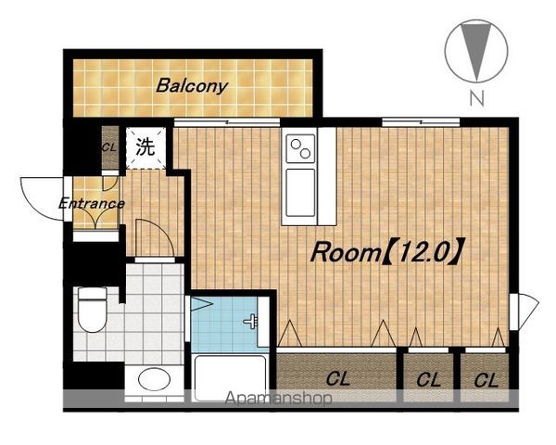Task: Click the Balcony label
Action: coord(192,86)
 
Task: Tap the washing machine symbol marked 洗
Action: coord(145,147)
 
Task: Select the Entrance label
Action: coord(92,204)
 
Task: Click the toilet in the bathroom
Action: coord(92,310)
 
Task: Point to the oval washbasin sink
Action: coord(154,379)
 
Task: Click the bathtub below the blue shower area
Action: coord(229,377)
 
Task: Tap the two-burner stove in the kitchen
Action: coord(300,148)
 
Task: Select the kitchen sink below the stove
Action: coord(300,193)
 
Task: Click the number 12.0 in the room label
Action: coord(423,252)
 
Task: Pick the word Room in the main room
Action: coord(345,253)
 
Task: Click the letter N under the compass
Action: coord(477,98)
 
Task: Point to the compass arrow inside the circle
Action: coord(476,51)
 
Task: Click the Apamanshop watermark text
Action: coord(279,399)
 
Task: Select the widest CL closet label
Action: coord(338,378)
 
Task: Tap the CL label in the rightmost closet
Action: coord(486,381)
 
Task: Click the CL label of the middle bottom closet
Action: coord(429,380)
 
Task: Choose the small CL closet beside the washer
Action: coord(110,147)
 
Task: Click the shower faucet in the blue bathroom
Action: coord(250,321)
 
